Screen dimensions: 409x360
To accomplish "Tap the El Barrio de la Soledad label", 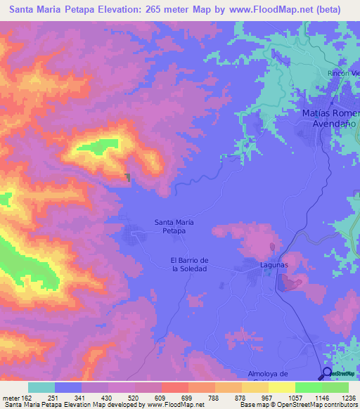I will tap(189, 265).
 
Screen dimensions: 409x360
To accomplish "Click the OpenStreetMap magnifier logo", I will tap(328, 374).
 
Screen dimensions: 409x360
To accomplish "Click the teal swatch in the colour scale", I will tap(41, 387).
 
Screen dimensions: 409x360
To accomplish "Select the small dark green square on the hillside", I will tap(127, 178).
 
